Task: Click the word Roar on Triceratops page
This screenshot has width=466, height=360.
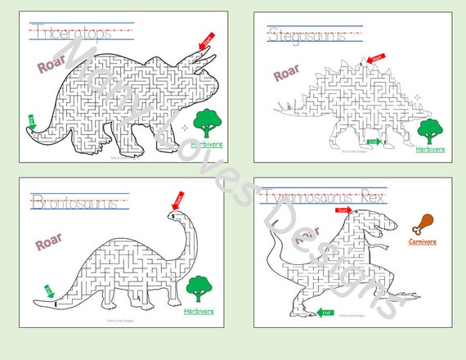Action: pyautogui.click(x=50, y=66)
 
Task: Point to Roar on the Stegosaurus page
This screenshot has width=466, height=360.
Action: pyautogui.click(x=285, y=74)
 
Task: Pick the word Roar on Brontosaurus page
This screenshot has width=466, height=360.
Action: pyautogui.click(x=49, y=243)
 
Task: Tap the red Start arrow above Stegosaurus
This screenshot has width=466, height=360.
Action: pyautogui.click(x=376, y=58)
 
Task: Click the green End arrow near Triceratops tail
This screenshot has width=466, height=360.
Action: pyautogui.click(x=32, y=122)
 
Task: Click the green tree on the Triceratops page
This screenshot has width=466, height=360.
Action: pyautogui.click(x=207, y=124)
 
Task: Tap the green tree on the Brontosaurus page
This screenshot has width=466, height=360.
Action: pyautogui.click(x=198, y=288)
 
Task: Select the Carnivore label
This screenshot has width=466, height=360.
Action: pyautogui.click(x=423, y=241)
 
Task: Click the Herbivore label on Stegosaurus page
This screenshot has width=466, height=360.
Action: pyautogui.click(x=429, y=149)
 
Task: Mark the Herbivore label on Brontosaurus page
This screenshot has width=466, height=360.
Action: pyautogui.click(x=199, y=311)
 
